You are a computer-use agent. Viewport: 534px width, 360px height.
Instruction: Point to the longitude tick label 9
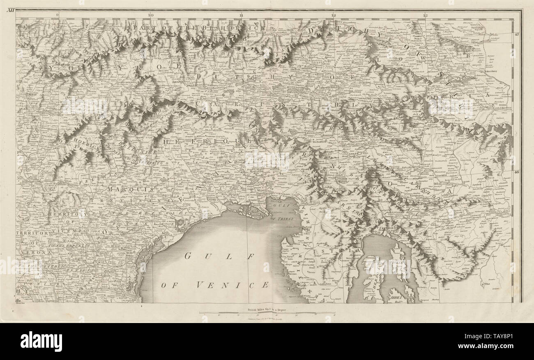pyautogui.click(x=58, y=15)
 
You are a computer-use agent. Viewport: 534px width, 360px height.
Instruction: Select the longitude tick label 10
pyautogui.click(x=151, y=15)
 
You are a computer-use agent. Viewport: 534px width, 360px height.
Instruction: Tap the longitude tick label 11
pyautogui.click(x=242, y=15)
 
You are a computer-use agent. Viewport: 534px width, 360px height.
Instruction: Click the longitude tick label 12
pyautogui.click(x=334, y=15)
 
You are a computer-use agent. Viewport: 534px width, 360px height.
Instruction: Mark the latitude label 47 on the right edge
pyautogui.click(x=517, y=35)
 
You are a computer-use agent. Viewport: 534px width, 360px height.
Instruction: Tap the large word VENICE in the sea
pyautogui.click(x=232, y=284)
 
